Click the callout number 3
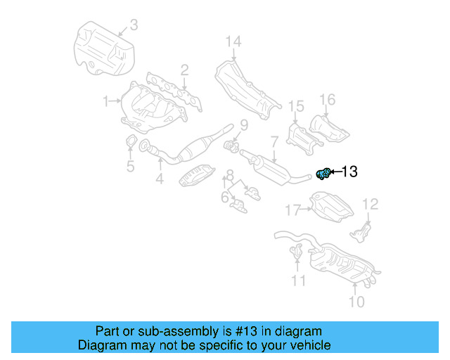pyautogui.click(x=134, y=25)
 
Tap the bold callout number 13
pyautogui.click(x=349, y=171)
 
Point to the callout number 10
pyautogui.click(x=356, y=302)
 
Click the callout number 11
pyautogui.click(x=299, y=281)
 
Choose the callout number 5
pyautogui.click(x=130, y=167)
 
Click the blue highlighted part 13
pyautogui.click(x=324, y=173)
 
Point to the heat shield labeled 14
pyautogui.click(x=243, y=88)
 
